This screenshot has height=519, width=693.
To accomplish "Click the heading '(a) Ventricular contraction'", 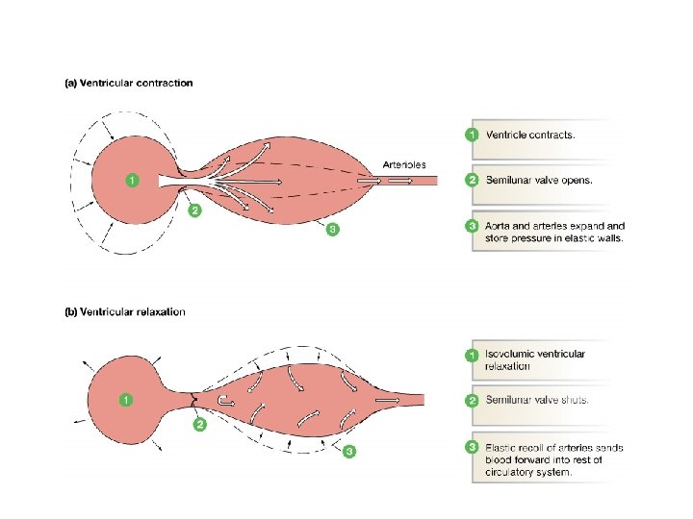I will click(x=128, y=83).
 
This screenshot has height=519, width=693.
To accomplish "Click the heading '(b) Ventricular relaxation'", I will click(x=125, y=312).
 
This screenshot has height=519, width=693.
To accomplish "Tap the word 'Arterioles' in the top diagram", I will click(x=404, y=164).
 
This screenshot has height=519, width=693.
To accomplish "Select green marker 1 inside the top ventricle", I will click(x=132, y=180).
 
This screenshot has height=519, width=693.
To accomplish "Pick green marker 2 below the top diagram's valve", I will click(x=194, y=211).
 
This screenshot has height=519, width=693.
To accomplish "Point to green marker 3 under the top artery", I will click(x=332, y=229).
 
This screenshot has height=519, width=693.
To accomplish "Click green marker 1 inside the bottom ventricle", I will click(x=124, y=399).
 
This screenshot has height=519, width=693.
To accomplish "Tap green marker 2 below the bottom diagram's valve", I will click(x=200, y=424).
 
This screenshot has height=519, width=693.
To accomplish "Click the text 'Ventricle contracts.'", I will click(x=530, y=136).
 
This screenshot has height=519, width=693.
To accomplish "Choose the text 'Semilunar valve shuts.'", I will click(x=537, y=400).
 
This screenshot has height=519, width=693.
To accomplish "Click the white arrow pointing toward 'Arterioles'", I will click(x=368, y=180).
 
